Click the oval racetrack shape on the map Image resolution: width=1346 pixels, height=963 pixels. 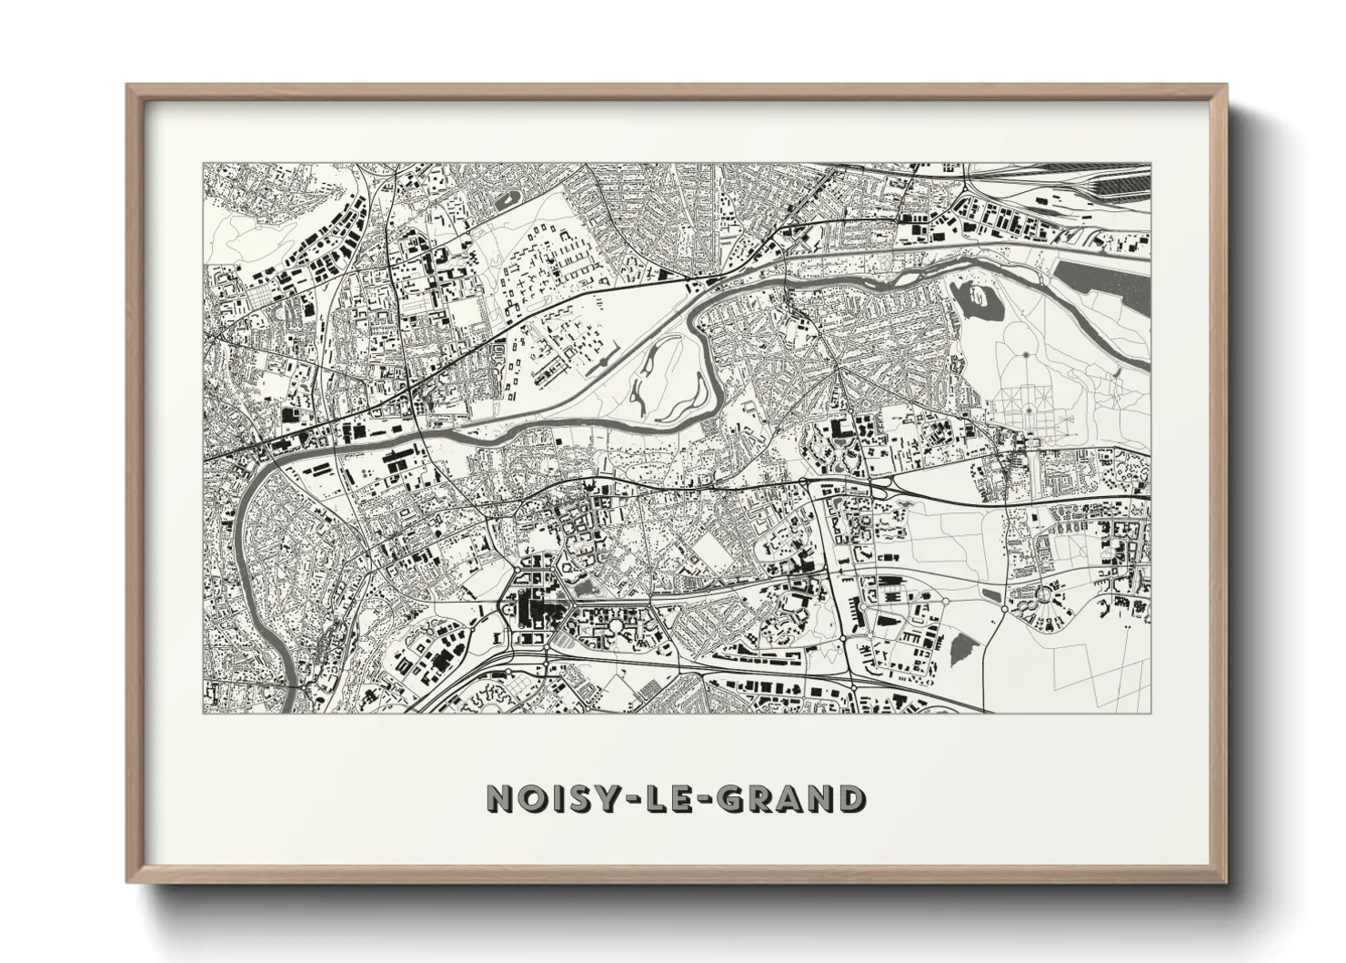click(x=504, y=198)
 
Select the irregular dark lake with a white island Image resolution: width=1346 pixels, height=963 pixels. click(x=978, y=298)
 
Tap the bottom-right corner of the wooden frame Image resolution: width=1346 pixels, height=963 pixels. click(x=1224, y=881)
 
